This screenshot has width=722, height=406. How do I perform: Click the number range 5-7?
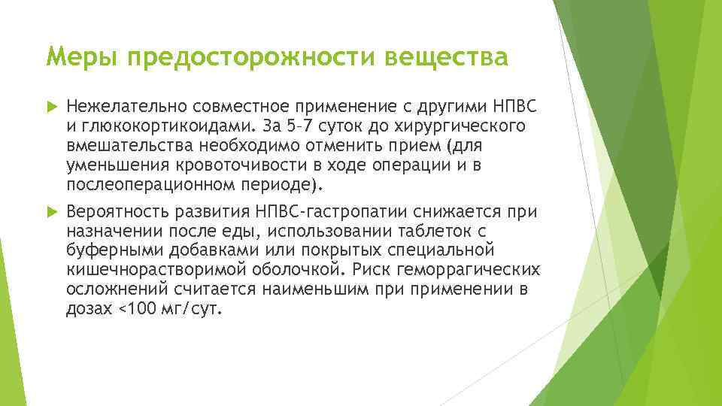click(x=303, y=124)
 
